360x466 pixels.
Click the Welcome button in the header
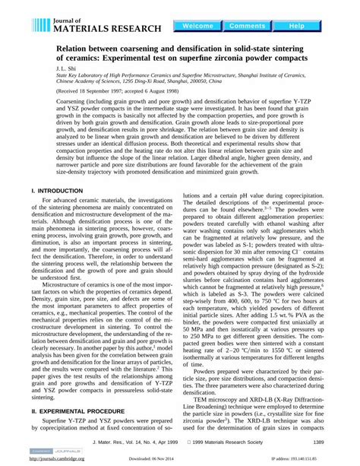[x=198, y=26]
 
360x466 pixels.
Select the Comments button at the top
[x=247, y=26]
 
